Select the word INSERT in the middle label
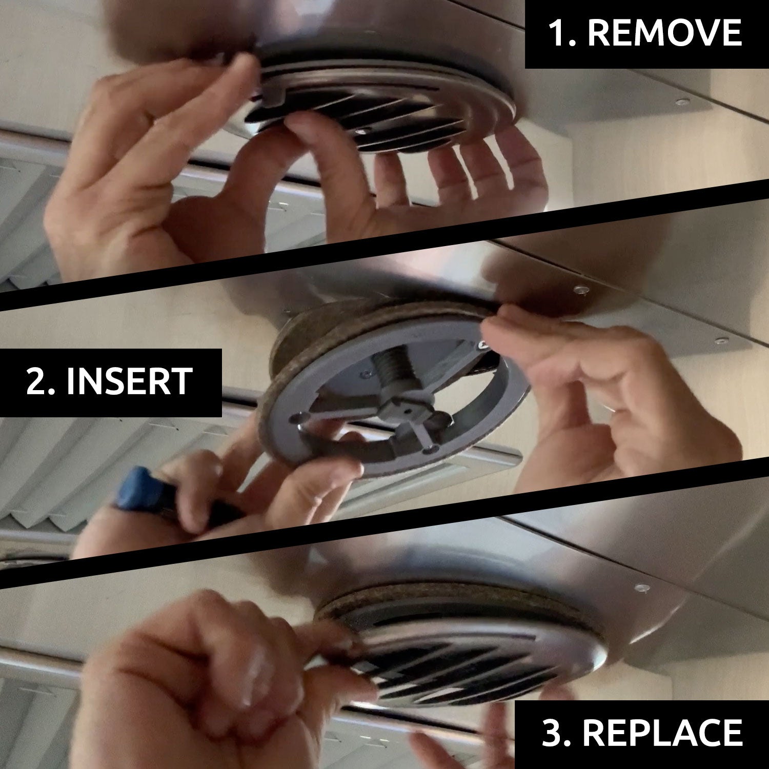[130, 382]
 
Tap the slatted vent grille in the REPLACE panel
[461, 666]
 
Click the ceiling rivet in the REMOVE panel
[681, 102]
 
